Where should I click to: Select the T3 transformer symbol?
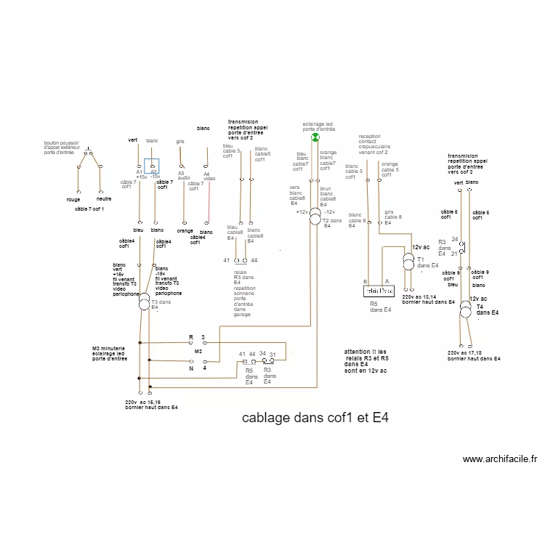pos(144,302)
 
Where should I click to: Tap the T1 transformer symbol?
pos(408,260)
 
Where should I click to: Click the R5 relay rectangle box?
pos(378,291)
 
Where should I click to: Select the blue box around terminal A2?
pos(152,167)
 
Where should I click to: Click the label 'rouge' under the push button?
pos(73,198)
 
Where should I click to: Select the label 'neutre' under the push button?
pos(103,198)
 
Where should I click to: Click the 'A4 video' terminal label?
pos(209,175)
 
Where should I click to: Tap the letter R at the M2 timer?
pos(191,337)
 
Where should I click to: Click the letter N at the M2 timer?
pos(191,368)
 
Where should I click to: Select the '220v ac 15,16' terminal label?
pos(151,405)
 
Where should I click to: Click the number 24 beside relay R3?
pos(455,239)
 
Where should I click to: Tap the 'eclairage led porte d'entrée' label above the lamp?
pos(318,126)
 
